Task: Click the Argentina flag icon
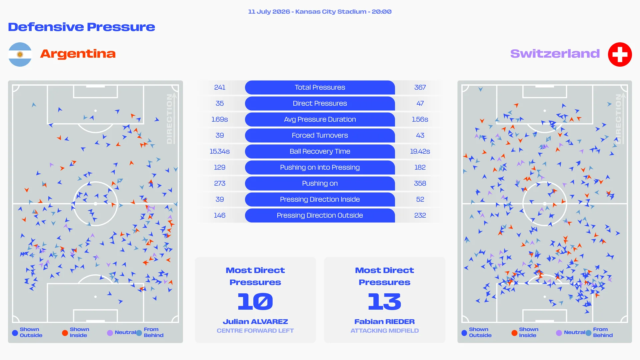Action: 20,54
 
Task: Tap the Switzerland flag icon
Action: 620,54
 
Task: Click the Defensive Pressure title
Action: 82,27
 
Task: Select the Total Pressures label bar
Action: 320,87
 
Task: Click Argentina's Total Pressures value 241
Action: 220,87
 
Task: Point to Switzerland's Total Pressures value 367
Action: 420,87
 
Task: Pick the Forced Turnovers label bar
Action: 320,135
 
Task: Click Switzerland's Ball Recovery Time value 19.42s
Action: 420,151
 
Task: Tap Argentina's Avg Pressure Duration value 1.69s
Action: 220,119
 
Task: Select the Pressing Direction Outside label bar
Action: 320,215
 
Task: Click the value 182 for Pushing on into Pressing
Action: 420,167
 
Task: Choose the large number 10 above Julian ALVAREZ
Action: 255,301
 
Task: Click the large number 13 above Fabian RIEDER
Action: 384,301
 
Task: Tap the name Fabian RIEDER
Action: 384,322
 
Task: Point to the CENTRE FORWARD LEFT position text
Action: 255,331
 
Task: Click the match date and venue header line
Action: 320,12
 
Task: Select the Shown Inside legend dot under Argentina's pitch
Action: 65,333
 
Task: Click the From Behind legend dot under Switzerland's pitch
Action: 588,333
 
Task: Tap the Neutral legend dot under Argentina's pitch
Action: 110,333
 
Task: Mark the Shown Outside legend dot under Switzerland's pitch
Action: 464,333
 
